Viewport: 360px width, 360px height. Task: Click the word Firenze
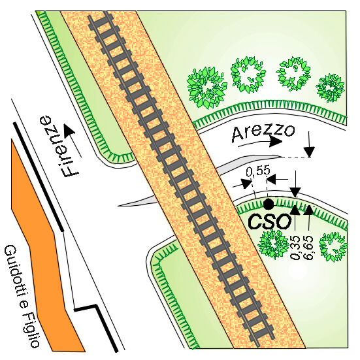point(59,146)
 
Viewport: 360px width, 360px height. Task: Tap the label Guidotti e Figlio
point(22,296)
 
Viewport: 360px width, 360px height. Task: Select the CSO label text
point(270,221)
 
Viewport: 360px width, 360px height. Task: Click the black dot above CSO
point(269,204)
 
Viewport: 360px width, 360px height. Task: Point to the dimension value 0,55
point(258,171)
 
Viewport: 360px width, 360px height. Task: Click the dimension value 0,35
point(295,248)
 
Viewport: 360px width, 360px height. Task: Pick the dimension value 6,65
point(308,248)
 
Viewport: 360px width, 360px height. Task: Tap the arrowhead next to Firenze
point(69,130)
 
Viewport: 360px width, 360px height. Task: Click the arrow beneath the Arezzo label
point(260,142)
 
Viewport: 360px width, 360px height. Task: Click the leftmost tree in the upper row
point(206,88)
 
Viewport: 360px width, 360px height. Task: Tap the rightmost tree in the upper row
point(331,88)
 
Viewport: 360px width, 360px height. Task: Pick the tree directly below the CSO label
point(273,244)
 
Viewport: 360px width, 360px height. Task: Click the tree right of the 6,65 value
point(333,247)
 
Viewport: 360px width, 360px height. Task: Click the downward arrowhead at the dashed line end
point(310,152)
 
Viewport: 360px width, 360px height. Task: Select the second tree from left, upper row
point(248,75)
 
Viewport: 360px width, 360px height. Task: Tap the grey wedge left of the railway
point(138,201)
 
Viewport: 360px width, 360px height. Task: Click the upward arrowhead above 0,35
point(295,209)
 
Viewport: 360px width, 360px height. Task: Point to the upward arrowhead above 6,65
point(309,210)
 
